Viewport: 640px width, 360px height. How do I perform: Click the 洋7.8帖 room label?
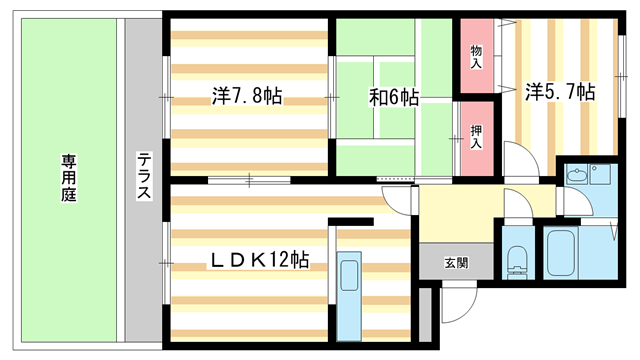tap(246, 96)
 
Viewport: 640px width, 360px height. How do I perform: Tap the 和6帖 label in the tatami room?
tap(393, 97)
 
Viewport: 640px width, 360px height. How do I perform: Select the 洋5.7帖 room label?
tap(560, 92)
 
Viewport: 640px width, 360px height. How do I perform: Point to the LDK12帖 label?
tap(258, 260)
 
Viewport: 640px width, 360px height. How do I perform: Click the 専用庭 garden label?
tap(68, 176)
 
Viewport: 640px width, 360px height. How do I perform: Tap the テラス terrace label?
tap(145, 176)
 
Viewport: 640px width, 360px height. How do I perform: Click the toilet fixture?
tap(516, 260)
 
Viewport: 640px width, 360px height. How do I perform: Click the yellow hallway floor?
tap(456, 212)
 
